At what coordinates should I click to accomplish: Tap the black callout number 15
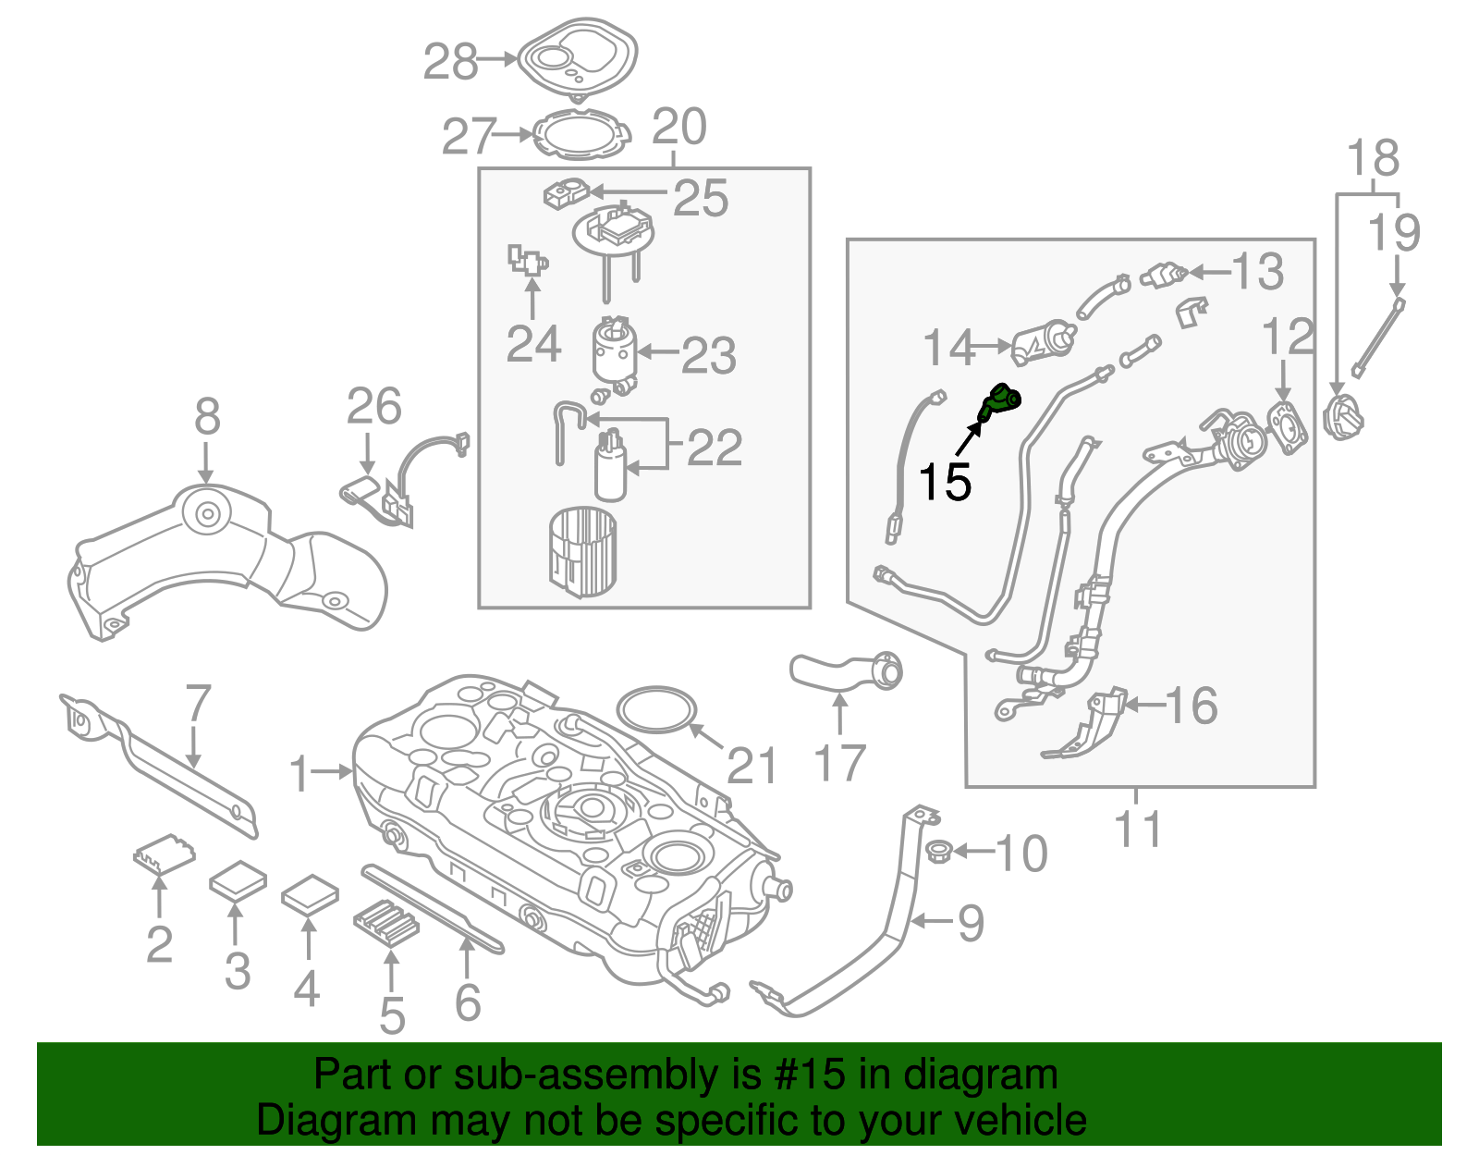coord(945,482)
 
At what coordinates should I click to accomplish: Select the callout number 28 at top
coord(450,62)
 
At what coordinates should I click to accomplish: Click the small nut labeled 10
coord(937,852)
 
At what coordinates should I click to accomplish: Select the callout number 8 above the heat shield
coord(207,416)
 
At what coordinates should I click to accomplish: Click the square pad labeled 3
coord(238,880)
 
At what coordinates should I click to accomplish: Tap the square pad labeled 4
coord(310,893)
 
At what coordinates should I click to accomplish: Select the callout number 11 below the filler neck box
coord(1138,829)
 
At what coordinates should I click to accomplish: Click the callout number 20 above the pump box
coord(679,128)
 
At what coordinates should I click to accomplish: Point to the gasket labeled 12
coord(1286,426)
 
